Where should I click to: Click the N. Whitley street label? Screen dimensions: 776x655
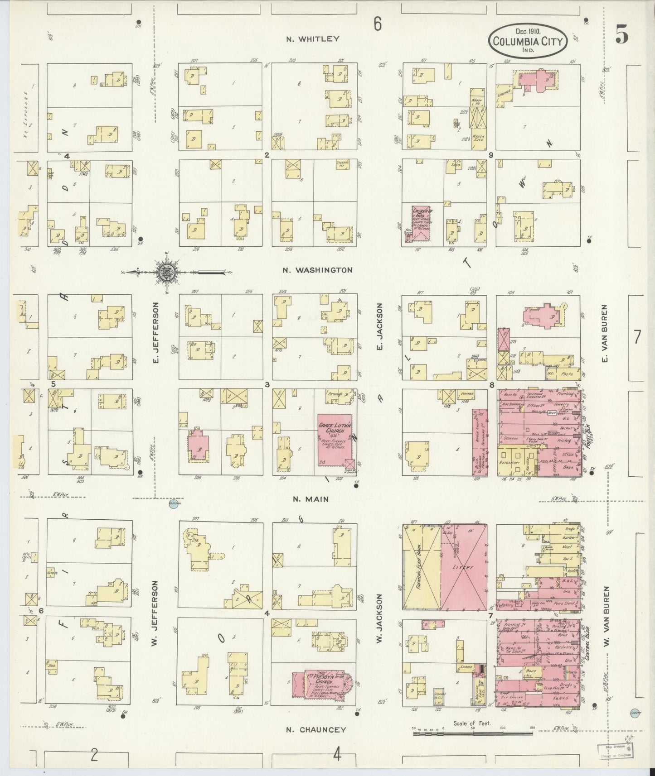(312, 39)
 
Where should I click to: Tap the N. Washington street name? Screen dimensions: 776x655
(317, 270)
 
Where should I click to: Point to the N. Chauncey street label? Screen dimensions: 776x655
(316, 730)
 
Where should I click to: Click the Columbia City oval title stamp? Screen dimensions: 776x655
(527, 42)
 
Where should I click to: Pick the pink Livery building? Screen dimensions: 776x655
(465, 568)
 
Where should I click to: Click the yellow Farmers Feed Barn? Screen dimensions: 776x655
(421, 568)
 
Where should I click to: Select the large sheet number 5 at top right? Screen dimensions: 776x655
(621, 35)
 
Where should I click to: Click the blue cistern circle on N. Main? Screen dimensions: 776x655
(173, 505)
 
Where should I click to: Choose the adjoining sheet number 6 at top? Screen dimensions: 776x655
(378, 25)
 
